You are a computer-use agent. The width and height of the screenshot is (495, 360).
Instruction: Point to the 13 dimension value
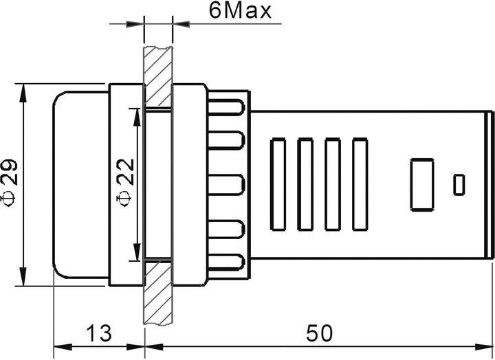(100, 335)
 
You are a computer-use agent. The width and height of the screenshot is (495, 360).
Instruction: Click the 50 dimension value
(320, 335)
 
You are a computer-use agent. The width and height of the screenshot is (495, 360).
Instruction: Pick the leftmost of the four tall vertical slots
(278, 184)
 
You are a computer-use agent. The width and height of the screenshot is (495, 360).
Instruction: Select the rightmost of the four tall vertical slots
(360, 184)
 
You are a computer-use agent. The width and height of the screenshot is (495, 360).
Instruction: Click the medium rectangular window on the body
(421, 184)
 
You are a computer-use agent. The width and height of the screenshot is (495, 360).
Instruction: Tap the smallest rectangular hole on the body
(459, 184)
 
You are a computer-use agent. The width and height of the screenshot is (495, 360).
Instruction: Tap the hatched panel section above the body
(158, 76)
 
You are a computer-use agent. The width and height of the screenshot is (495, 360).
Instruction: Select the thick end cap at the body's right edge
(491, 184)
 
